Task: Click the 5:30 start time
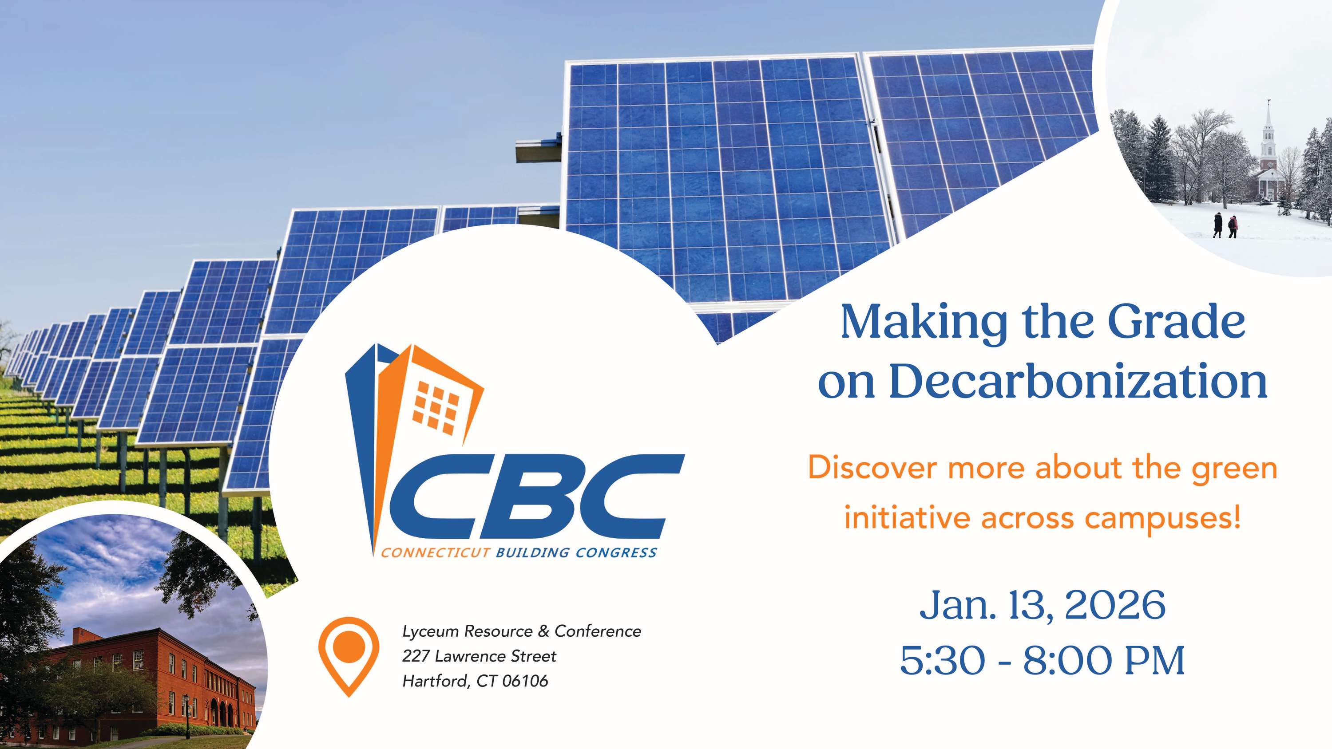tap(943, 660)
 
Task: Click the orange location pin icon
tap(349, 655)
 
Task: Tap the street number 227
tap(416, 656)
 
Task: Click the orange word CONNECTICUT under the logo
tap(436, 552)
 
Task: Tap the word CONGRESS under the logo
tap(616, 552)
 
